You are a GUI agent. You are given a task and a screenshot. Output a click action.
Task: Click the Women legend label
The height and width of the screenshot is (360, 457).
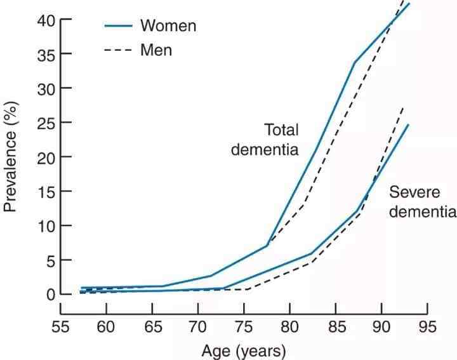click(168, 26)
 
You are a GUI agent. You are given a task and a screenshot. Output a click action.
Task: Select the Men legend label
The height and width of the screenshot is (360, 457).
click(156, 50)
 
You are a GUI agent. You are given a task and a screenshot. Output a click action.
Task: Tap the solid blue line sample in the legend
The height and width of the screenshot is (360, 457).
click(118, 26)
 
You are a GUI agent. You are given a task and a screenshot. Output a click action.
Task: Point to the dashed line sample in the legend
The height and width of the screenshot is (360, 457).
click(118, 50)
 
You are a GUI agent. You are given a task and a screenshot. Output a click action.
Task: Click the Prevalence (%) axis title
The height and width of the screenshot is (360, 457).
click(11, 156)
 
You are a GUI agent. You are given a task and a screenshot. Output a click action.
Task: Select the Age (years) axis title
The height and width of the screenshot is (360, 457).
click(244, 350)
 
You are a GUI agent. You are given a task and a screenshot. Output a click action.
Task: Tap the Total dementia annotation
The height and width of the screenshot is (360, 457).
click(265, 140)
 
